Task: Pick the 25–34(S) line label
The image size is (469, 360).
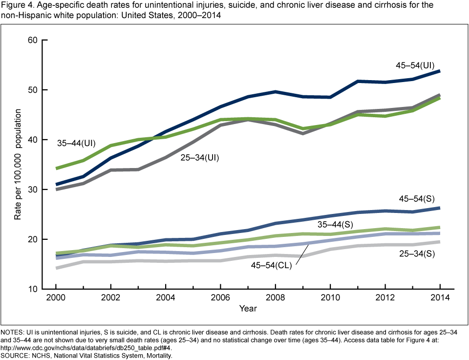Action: pos(417,254)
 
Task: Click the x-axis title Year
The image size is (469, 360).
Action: pos(248,309)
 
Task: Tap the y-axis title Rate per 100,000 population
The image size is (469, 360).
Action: pos(18,164)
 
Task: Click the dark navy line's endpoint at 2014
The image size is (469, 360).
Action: pos(440,71)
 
